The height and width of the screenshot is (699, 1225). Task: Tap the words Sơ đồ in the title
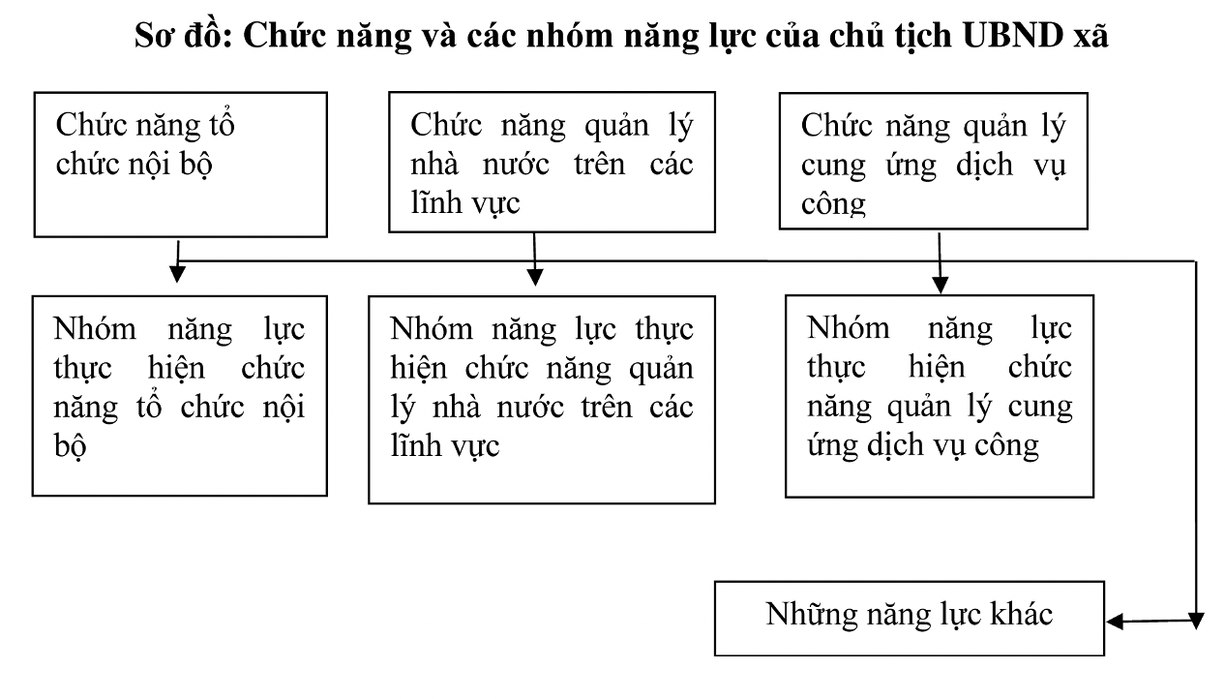[184, 36]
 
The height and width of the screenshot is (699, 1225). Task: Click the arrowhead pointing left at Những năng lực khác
[1115, 622]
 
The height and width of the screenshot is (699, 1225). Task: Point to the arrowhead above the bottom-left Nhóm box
[177, 274]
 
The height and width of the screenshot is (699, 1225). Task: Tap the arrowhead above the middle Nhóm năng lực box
[535, 277]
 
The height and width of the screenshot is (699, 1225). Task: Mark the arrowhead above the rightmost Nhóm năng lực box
[941, 286]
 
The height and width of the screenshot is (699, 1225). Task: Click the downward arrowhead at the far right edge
[1196, 622]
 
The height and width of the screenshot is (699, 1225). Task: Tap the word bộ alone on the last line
[70, 445]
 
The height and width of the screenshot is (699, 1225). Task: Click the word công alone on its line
[833, 204]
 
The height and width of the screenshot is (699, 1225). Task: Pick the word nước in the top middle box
[516, 165]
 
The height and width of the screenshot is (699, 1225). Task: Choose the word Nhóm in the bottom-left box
[95, 329]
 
